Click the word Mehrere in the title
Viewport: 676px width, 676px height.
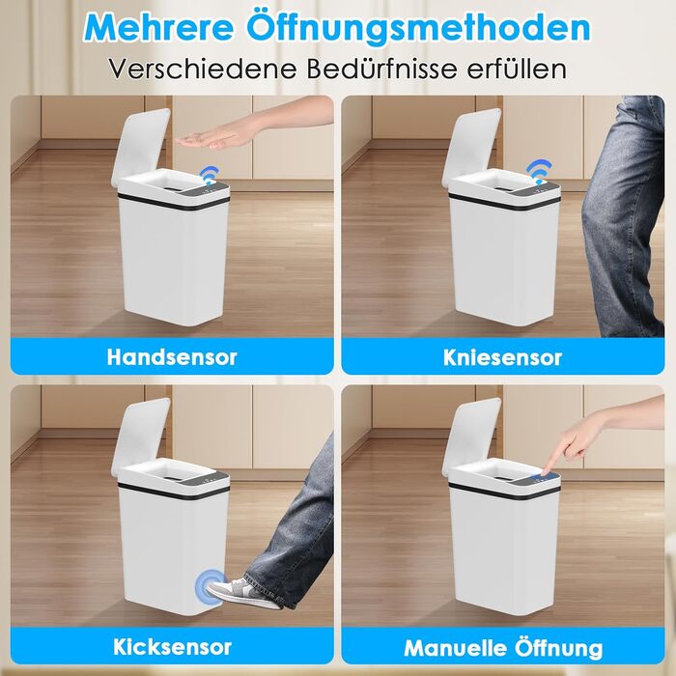[159, 27]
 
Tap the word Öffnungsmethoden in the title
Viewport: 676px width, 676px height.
[418, 26]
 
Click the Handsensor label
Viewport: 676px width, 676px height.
[172, 357]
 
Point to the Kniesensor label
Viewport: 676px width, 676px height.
[503, 357]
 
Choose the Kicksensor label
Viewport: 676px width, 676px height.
[173, 647]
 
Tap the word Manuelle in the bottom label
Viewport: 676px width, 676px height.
[455, 648]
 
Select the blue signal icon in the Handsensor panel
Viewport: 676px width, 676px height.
[211, 174]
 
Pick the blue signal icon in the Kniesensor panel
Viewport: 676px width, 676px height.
[541, 170]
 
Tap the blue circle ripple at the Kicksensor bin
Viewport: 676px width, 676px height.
[211, 585]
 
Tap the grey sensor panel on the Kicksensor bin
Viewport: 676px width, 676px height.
[212, 480]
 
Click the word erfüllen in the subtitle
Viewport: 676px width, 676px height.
[517, 69]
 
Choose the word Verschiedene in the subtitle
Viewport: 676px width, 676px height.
[202, 69]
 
